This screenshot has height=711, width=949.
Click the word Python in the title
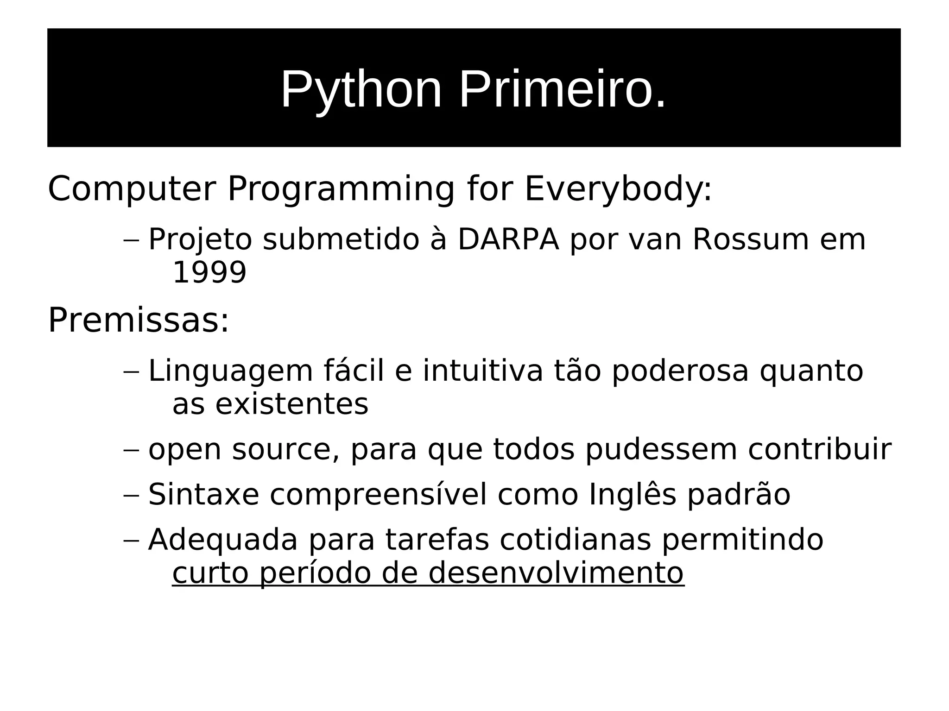pos(361,89)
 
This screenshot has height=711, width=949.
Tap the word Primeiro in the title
pos(562,89)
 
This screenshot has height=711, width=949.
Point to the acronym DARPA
pos(508,239)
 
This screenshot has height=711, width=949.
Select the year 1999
pos(209,272)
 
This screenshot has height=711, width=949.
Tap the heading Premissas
pos(138,320)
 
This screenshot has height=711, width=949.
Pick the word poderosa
pos(680,371)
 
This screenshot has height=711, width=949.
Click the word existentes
pos(291,404)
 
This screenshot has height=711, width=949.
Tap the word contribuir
pos(819,449)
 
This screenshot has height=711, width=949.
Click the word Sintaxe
pos(203,494)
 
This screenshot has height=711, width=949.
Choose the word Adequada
pos(222,540)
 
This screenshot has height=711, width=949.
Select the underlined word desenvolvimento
pos(556,573)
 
